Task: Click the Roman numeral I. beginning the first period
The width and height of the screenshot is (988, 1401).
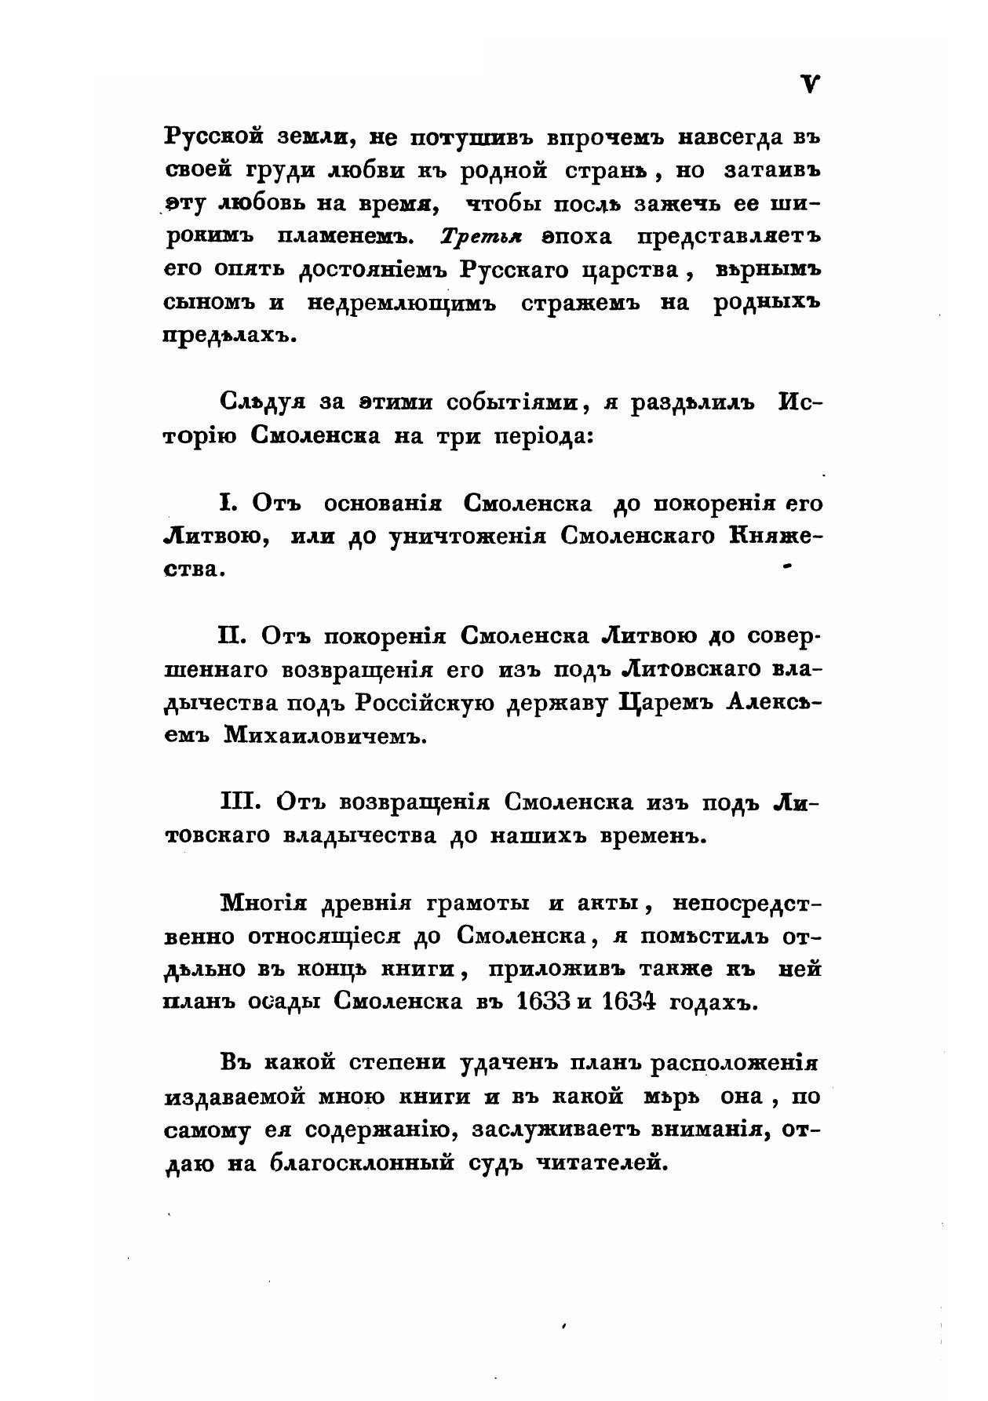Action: click(x=227, y=503)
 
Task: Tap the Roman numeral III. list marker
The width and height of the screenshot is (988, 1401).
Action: click(x=239, y=802)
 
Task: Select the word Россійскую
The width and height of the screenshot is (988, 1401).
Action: click(x=425, y=702)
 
